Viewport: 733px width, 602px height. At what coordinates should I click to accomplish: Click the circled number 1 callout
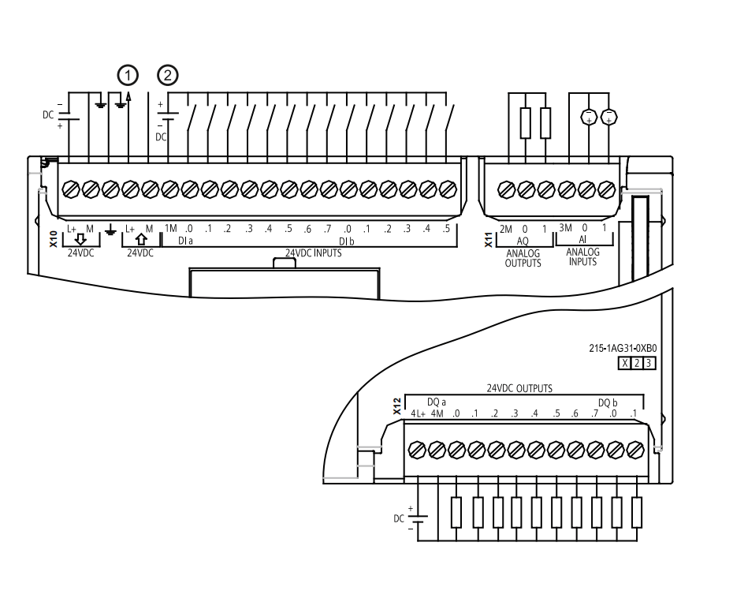[x=128, y=76]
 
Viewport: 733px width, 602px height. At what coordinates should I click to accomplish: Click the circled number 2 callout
[x=168, y=76]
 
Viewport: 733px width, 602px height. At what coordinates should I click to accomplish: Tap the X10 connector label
[x=54, y=239]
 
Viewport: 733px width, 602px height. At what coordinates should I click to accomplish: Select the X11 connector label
[x=489, y=239]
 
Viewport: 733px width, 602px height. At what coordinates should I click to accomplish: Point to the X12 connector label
[x=397, y=406]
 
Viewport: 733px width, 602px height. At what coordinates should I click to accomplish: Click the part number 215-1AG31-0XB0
[x=623, y=348]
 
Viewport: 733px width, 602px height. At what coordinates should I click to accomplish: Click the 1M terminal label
[x=170, y=228]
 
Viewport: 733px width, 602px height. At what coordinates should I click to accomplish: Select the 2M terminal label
[x=506, y=229]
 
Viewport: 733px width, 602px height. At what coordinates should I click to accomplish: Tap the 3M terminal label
[x=565, y=228]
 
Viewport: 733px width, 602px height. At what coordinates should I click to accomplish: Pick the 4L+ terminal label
[x=418, y=413]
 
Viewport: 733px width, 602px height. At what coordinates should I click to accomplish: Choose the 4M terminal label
[x=437, y=413]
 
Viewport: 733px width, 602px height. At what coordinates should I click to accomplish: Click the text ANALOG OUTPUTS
[x=523, y=259]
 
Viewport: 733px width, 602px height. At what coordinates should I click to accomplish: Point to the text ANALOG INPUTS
[x=582, y=257]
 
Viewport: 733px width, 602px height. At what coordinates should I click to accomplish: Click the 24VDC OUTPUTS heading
[x=519, y=388]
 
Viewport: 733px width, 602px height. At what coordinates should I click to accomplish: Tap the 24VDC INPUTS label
[x=314, y=252]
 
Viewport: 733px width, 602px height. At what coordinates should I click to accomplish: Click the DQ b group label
[x=608, y=402]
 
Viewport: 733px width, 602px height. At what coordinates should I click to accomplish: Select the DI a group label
[x=185, y=241]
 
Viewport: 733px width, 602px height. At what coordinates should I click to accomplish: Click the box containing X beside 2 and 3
[x=624, y=363]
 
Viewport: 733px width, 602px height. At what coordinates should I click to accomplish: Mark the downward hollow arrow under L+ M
[x=80, y=240]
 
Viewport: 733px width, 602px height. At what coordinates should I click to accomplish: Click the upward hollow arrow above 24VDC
[x=141, y=239]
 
